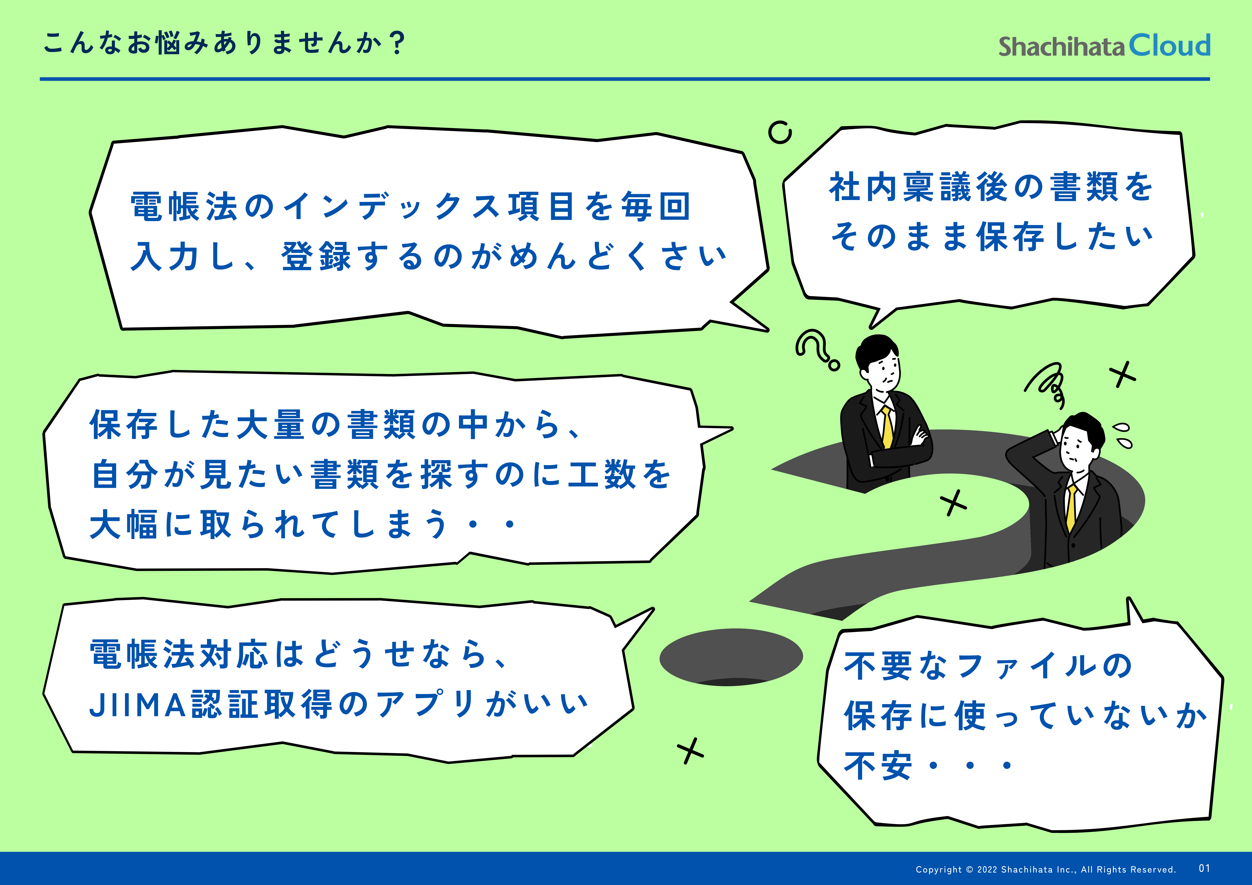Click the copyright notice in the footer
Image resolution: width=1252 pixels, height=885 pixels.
pyautogui.click(x=1045, y=869)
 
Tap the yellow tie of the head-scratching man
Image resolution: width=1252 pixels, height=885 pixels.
pyautogui.click(x=1072, y=508)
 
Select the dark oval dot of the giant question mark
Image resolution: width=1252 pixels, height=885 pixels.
pyautogui.click(x=731, y=657)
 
